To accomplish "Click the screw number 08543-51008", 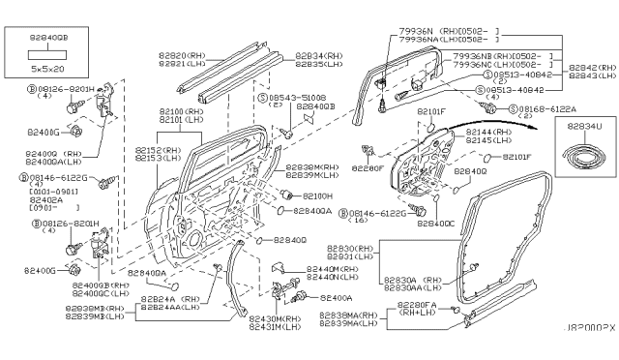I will tap(292, 99).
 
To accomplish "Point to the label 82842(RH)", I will tap(592, 66).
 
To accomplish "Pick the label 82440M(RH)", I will tap(333, 269).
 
